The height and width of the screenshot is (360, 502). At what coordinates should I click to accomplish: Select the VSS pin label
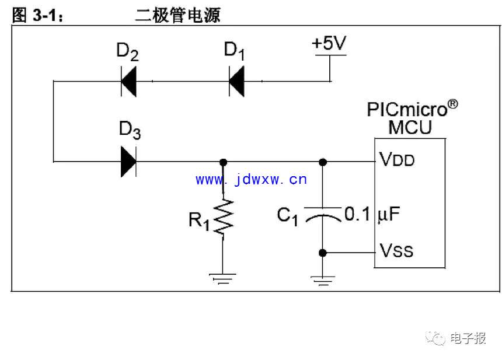tap(396, 250)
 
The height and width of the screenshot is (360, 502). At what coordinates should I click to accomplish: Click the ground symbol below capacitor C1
tap(323, 280)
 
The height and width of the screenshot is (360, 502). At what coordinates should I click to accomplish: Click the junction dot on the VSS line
tap(323, 253)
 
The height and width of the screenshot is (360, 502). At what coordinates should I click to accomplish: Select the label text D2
tap(127, 52)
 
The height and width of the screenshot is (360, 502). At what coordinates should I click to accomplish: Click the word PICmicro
tap(407, 109)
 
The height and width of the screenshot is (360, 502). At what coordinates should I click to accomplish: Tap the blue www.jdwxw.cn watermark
tap(251, 179)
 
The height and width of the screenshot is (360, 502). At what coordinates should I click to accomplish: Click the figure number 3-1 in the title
tap(45, 16)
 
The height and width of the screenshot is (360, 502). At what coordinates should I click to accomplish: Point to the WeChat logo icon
tap(435, 338)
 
